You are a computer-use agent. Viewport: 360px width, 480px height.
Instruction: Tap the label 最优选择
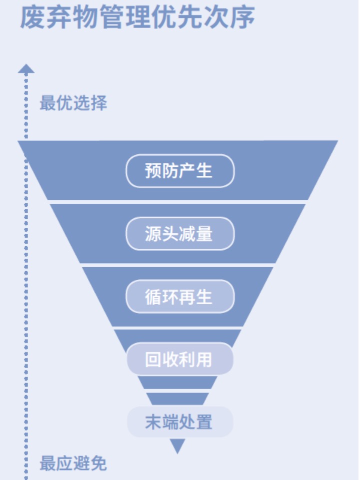click(x=73, y=103)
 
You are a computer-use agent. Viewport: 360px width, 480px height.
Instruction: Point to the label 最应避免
click(x=73, y=463)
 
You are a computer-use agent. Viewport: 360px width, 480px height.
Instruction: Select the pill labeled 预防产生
click(x=179, y=171)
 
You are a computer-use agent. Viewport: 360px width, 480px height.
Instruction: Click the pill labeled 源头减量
click(x=179, y=234)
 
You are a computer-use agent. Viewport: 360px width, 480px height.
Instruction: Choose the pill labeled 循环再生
click(x=179, y=297)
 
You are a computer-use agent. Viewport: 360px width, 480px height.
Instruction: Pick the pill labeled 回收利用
click(x=179, y=360)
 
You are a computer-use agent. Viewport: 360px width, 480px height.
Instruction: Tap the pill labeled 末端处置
click(x=179, y=422)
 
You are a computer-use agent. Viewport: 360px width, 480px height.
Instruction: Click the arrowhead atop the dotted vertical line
click(x=26, y=68)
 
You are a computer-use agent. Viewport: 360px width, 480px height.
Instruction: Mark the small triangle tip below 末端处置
click(x=177, y=446)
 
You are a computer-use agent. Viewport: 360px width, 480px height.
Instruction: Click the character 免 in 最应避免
click(x=98, y=463)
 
